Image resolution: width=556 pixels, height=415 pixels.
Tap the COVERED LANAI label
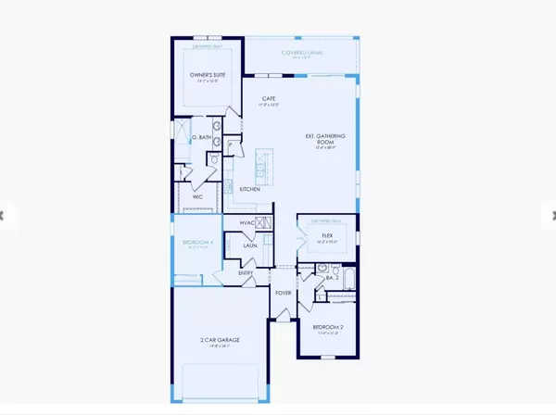(300, 53)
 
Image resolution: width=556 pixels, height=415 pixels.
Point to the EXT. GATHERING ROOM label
(325, 139)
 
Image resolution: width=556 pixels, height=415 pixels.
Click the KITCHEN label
(249, 189)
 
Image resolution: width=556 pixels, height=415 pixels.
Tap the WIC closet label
(197, 196)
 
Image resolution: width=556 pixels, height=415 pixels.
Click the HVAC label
(246, 222)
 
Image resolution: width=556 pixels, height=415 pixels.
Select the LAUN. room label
(250, 245)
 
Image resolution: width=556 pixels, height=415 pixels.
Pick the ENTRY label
(246, 272)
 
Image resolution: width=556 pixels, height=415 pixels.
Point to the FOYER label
(282, 294)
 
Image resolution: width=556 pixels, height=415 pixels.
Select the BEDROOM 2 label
(327, 329)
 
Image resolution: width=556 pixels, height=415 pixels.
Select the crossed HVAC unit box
(263, 222)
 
